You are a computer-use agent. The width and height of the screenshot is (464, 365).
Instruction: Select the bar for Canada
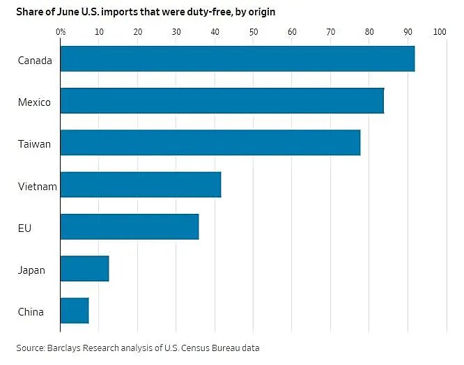click(x=237, y=59)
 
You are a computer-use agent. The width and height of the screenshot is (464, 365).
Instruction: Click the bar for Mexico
click(x=222, y=101)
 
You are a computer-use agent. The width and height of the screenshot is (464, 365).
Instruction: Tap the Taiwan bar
click(x=210, y=143)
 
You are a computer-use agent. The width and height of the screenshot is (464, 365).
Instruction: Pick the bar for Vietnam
click(x=140, y=185)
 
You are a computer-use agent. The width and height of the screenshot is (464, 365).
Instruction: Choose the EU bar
click(x=129, y=227)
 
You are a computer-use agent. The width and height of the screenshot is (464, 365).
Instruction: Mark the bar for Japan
click(x=84, y=269)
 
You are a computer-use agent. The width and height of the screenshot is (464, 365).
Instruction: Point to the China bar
click(x=74, y=311)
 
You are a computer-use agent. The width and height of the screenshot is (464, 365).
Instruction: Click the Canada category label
click(x=35, y=61)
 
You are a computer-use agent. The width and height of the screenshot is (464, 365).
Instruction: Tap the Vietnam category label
click(x=37, y=186)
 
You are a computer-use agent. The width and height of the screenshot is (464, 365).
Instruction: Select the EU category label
click(x=25, y=228)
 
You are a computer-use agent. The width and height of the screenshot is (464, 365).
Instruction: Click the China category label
click(x=31, y=311)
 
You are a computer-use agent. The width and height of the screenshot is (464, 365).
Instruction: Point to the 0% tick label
click(x=61, y=32)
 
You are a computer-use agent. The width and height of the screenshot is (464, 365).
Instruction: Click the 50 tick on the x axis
click(x=253, y=32)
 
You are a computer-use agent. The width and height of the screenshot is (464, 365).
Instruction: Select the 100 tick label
click(x=440, y=32)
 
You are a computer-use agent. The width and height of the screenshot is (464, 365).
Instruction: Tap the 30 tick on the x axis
click(x=176, y=32)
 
